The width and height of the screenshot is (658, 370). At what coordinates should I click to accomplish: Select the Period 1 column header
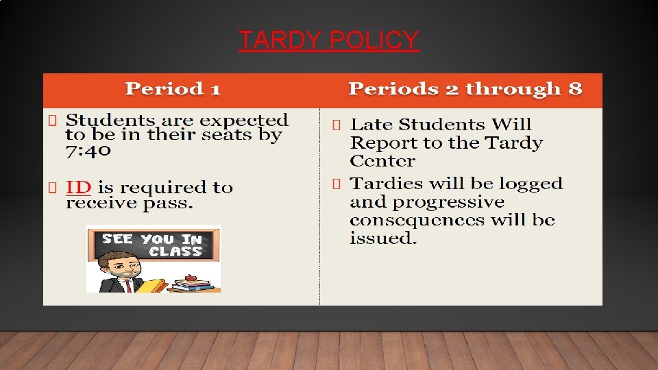[173, 89]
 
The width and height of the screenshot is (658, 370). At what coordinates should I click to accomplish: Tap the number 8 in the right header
[575, 89]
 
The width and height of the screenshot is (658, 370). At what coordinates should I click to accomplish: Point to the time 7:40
[88, 150]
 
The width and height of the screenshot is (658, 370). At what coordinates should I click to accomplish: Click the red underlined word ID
[78, 187]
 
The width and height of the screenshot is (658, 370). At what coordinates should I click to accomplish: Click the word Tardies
[382, 184]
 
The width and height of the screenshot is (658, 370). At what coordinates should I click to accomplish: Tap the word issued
[382, 238]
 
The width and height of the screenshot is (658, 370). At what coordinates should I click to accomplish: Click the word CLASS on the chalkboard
[175, 251]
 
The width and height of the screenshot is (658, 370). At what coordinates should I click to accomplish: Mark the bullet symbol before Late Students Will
[336, 125]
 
